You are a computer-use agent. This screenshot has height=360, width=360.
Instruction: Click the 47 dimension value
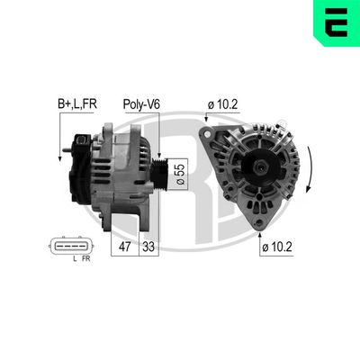(x=125, y=245)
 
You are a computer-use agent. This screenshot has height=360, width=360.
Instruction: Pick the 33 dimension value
(x=148, y=245)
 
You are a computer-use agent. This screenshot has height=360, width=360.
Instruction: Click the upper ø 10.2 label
(x=221, y=104)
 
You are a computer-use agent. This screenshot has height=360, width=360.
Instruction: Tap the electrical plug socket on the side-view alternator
(x=83, y=141)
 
